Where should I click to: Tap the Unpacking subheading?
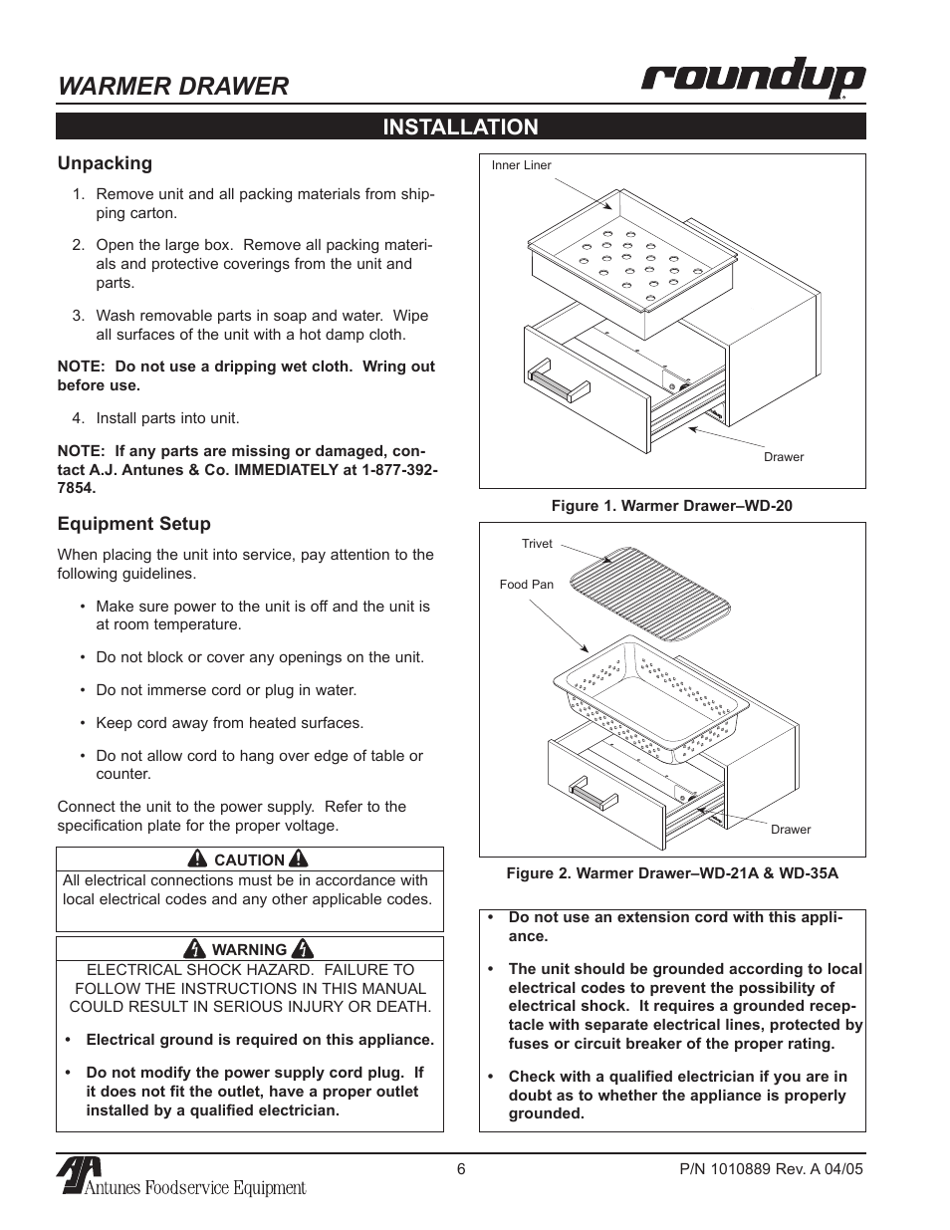105,163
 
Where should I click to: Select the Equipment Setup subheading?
133,524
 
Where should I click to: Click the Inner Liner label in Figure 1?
521,165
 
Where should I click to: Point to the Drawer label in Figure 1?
783,457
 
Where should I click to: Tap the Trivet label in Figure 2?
536,544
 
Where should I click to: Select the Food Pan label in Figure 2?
526,585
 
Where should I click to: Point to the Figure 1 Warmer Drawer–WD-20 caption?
671,506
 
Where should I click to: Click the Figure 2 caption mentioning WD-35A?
671,873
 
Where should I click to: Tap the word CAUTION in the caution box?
250,861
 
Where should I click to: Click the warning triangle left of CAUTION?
199,860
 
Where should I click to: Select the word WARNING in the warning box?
249,950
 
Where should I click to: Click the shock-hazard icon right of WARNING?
305,949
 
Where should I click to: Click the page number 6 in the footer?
461,1169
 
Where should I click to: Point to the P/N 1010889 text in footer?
763,1169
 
